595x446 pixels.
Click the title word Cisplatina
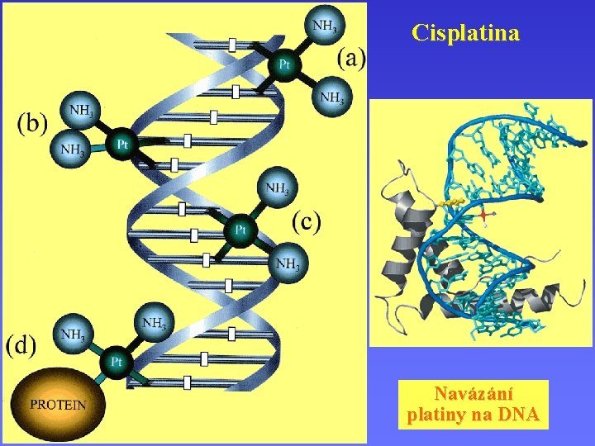[x=465, y=33]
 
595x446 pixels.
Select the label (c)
[x=307, y=221]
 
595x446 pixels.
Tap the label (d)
[x=21, y=344]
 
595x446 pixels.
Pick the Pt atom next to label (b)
[x=121, y=145]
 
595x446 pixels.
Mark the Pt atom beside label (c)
[x=240, y=228]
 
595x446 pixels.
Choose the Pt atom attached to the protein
[x=117, y=361]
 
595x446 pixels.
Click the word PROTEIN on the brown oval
[x=58, y=405]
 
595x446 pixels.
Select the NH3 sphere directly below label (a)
[x=331, y=98]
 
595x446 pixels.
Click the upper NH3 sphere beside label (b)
[x=80, y=108]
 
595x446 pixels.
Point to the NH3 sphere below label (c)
[x=288, y=264]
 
